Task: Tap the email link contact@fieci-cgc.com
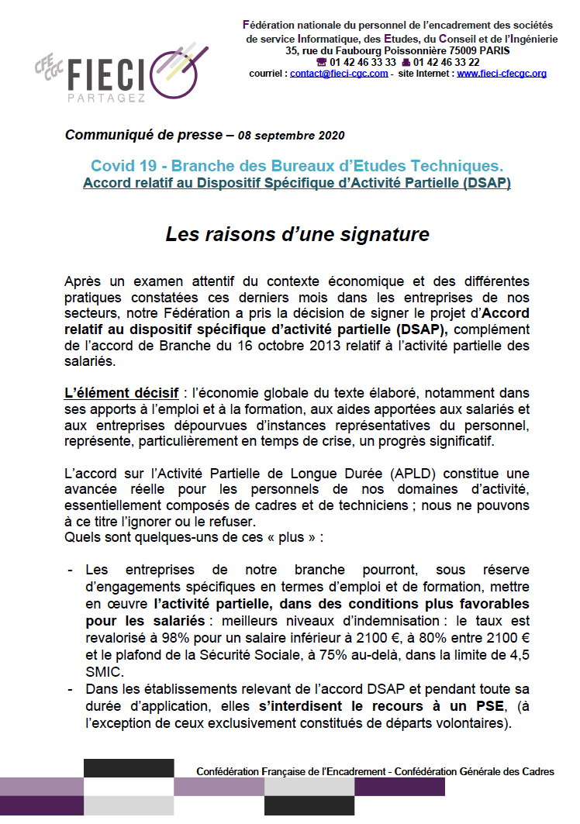click(339, 74)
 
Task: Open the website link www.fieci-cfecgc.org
click(502, 74)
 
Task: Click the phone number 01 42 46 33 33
click(363, 62)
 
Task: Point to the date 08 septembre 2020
click(289, 136)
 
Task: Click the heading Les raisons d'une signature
click(298, 233)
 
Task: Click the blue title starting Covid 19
click(297, 165)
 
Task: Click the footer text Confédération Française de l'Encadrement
click(292, 771)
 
